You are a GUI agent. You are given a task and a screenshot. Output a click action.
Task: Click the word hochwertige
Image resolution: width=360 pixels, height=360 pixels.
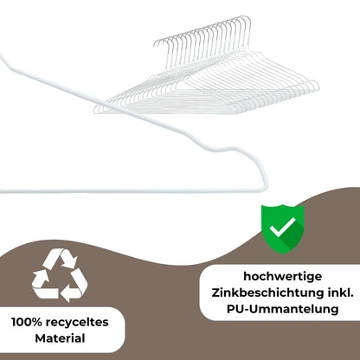click(282, 277)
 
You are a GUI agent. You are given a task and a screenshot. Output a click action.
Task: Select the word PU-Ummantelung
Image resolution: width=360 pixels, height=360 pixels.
click(282, 309)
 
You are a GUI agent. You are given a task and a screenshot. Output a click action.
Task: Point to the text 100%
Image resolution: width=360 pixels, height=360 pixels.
click(27, 322)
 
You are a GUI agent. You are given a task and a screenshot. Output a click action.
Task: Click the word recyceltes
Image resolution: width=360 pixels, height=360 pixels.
click(77, 322)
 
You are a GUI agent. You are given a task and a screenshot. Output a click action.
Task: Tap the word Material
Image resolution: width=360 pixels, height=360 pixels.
click(60, 338)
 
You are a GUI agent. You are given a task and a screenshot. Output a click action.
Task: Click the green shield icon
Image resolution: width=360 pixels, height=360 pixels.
click(282, 229)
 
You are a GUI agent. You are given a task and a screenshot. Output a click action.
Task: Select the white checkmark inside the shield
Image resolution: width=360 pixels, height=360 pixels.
click(283, 227)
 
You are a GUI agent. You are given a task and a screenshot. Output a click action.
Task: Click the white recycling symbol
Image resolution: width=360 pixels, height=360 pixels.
click(60, 275)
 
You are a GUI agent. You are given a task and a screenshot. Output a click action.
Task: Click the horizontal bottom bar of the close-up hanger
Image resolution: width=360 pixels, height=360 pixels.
click(130, 190)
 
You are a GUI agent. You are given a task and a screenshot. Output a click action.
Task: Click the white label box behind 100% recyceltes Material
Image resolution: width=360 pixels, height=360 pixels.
click(62, 330)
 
